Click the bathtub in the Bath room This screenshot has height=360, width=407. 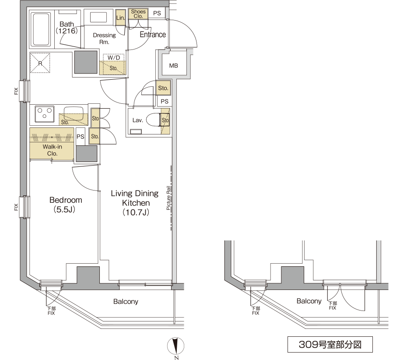(x=41, y=29)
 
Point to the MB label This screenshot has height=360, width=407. (x=173, y=66)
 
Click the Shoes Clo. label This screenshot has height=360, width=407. (x=138, y=14)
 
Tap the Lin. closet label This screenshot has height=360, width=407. (x=120, y=18)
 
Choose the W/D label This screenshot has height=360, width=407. (x=114, y=58)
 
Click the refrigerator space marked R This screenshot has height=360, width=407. (x=40, y=63)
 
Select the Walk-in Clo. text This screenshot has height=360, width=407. (x=52, y=150)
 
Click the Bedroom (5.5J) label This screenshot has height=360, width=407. (x=66, y=205)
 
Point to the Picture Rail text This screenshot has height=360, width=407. (x=168, y=198)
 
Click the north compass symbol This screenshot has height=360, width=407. (x=176, y=346)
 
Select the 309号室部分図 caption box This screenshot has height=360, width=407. (x=330, y=344)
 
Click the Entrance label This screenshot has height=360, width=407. (x=153, y=35)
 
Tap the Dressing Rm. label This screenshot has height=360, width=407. (x=104, y=39)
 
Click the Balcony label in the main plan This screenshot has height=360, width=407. (x=126, y=302)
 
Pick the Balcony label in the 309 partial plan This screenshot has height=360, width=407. (x=309, y=301)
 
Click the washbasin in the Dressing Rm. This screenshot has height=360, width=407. (x=98, y=18)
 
